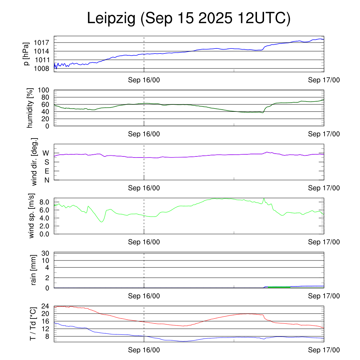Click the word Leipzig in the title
click(x=111, y=19)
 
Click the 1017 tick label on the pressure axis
click(x=42, y=43)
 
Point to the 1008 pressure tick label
click(x=42, y=68)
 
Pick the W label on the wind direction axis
click(x=46, y=153)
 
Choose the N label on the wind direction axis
click(x=46, y=180)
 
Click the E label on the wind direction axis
click(x=46, y=171)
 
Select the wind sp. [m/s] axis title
click(x=31, y=216)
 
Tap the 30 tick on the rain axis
click(x=45, y=253)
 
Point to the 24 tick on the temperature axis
click(x=45, y=306)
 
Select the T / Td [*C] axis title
click(x=33, y=323)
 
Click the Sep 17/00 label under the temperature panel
click(x=324, y=350)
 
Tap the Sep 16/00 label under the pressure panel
click(x=144, y=80)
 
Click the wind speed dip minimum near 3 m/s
click(x=102, y=222)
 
